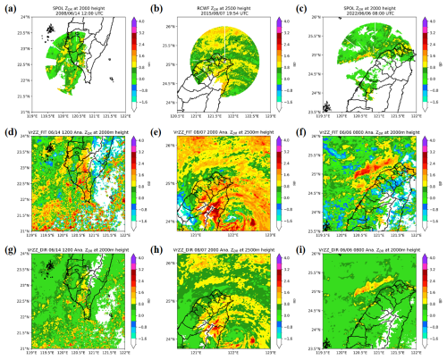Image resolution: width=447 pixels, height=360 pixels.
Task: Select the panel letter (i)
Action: pyautogui.click(x=303, y=244)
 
